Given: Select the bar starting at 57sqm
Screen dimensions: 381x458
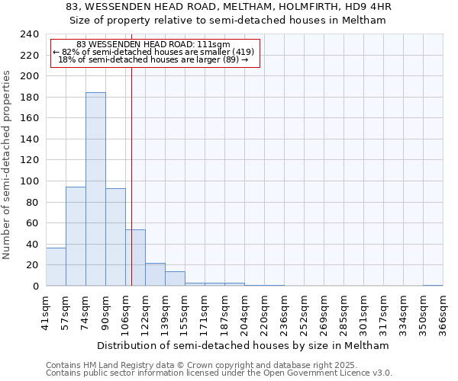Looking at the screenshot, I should point(76,236).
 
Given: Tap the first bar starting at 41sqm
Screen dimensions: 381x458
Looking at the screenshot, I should point(56,267).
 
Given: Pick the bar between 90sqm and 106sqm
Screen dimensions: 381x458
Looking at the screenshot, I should point(115,237).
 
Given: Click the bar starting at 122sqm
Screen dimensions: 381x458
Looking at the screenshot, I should point(155,274).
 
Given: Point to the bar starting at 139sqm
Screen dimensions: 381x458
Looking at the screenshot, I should point(175,279).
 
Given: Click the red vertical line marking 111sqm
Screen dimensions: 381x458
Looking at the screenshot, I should point(131,175).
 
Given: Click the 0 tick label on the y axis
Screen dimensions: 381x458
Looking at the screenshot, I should point(35,287).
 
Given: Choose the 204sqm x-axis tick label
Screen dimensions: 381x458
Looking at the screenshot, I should point(244,312).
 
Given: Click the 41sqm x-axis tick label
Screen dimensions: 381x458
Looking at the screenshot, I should point(46,312).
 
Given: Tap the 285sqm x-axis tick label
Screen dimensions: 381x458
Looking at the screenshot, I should point(343,312).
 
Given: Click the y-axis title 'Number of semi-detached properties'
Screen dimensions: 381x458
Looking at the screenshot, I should point(7,165).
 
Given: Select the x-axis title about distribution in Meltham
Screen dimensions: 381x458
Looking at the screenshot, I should point(244,345).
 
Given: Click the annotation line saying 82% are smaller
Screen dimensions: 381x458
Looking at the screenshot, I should point(154,52).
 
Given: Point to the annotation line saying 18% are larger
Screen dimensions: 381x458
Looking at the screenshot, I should point(154,59).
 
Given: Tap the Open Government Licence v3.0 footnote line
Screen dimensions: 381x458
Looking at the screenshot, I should point(219,373).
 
